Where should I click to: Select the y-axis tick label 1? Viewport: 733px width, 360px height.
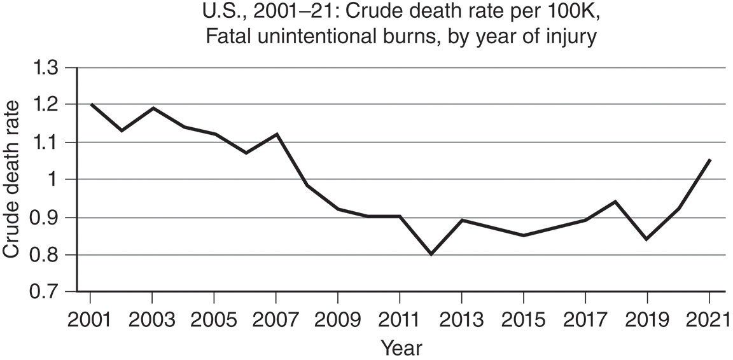pos(57,180)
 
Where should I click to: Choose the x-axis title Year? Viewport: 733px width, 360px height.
pos(401,347)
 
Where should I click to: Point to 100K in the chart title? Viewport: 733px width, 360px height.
pos(561,12)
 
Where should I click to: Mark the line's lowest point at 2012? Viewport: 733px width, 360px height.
pos(430,254)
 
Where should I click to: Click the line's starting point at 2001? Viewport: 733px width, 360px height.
pos(91,104)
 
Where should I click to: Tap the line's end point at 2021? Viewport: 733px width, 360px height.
pos(709,160)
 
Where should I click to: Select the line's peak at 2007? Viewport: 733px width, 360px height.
pos(276,134)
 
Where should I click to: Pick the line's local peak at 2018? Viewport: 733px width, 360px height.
pos(615,202)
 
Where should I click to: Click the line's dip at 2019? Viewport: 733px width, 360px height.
pos(646,239)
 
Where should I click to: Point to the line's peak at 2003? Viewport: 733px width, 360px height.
pos(153,108)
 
